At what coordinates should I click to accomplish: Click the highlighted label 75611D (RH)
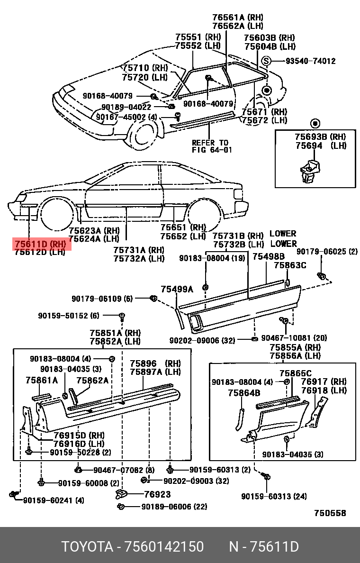pos(40,244)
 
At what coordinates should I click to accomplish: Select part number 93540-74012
pos(310,61)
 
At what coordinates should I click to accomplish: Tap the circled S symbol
pos(266,61)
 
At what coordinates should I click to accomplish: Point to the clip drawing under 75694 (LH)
pos(309,172)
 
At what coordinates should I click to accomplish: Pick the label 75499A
pos(177,289)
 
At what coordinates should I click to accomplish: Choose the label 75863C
pos(290,265)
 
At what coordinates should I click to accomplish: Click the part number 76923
pos(157,494)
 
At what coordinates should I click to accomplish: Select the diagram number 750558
pos(330,513)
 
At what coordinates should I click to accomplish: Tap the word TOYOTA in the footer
pos(87,547)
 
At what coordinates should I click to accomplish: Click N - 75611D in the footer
pos(264,547)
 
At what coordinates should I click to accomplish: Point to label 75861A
pos(42,380)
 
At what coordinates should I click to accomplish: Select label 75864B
pos(244,392)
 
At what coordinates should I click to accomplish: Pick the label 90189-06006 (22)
pos(174,507)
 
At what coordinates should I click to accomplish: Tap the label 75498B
pos(268,256)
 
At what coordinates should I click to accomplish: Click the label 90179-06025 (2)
pos(327,251)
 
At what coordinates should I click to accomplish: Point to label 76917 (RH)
pos(324,381)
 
